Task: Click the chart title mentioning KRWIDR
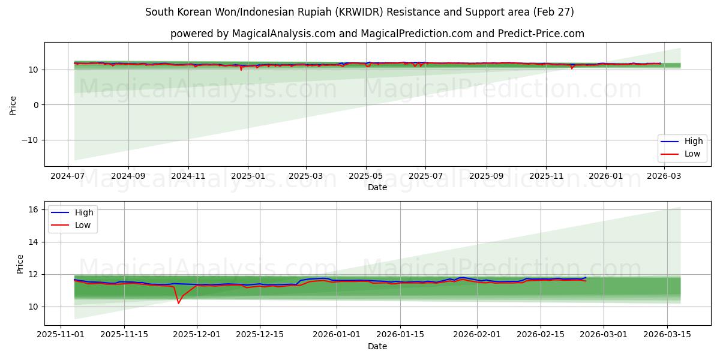coord(359,12)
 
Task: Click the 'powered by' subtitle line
coord(377,34)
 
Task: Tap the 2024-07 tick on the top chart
coord(68,176)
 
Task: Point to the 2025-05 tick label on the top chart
coord(366,176)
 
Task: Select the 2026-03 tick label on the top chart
coord(664,176)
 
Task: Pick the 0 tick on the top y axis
coord(35,105)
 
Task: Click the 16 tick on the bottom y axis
coord(33,209)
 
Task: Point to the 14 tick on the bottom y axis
coord(33,242)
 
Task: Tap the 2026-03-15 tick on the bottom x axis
coord(667,335)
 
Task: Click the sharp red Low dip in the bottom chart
coord(178,302)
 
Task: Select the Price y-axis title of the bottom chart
coord(20,264)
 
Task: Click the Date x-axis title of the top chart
coord(377,187)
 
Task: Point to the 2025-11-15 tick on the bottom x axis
coord(124,335)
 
